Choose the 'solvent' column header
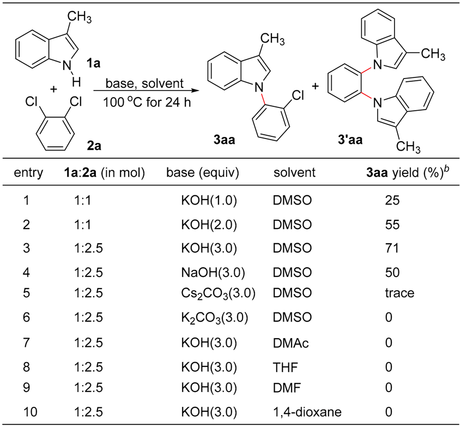tap(295, 173)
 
